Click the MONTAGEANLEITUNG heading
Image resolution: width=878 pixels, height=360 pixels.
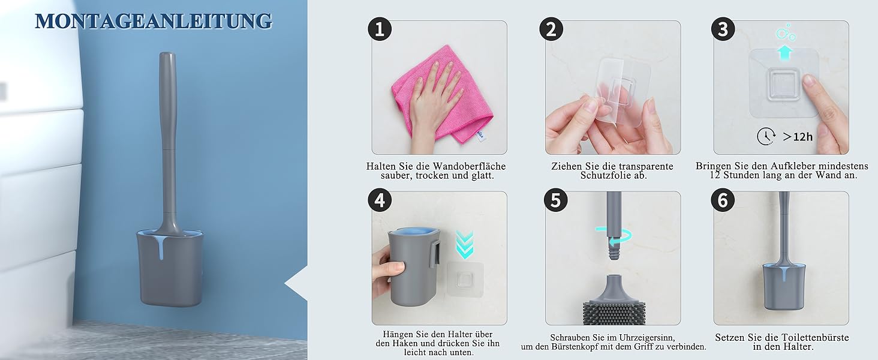coord(154,21)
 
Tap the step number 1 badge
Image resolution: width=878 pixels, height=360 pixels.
coord(380,29)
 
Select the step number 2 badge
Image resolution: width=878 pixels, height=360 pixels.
coord(551,29)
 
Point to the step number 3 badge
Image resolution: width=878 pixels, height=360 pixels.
coord(723,29)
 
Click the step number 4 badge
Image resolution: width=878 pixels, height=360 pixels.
coord(380,200)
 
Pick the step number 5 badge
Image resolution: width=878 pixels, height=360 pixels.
coord(555,200)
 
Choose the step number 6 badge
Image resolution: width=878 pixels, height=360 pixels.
coord(723,200)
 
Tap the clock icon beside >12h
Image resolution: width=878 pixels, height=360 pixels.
coord(766,136)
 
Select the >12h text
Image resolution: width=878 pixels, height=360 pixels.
coord(798,137)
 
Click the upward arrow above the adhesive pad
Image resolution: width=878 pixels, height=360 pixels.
coord(784,53)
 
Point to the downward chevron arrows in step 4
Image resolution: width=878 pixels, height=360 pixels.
coord(465,245)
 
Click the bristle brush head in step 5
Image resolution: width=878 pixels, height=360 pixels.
coord(614,313)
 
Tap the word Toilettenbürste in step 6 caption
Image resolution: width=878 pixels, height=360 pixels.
coord(815,338)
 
